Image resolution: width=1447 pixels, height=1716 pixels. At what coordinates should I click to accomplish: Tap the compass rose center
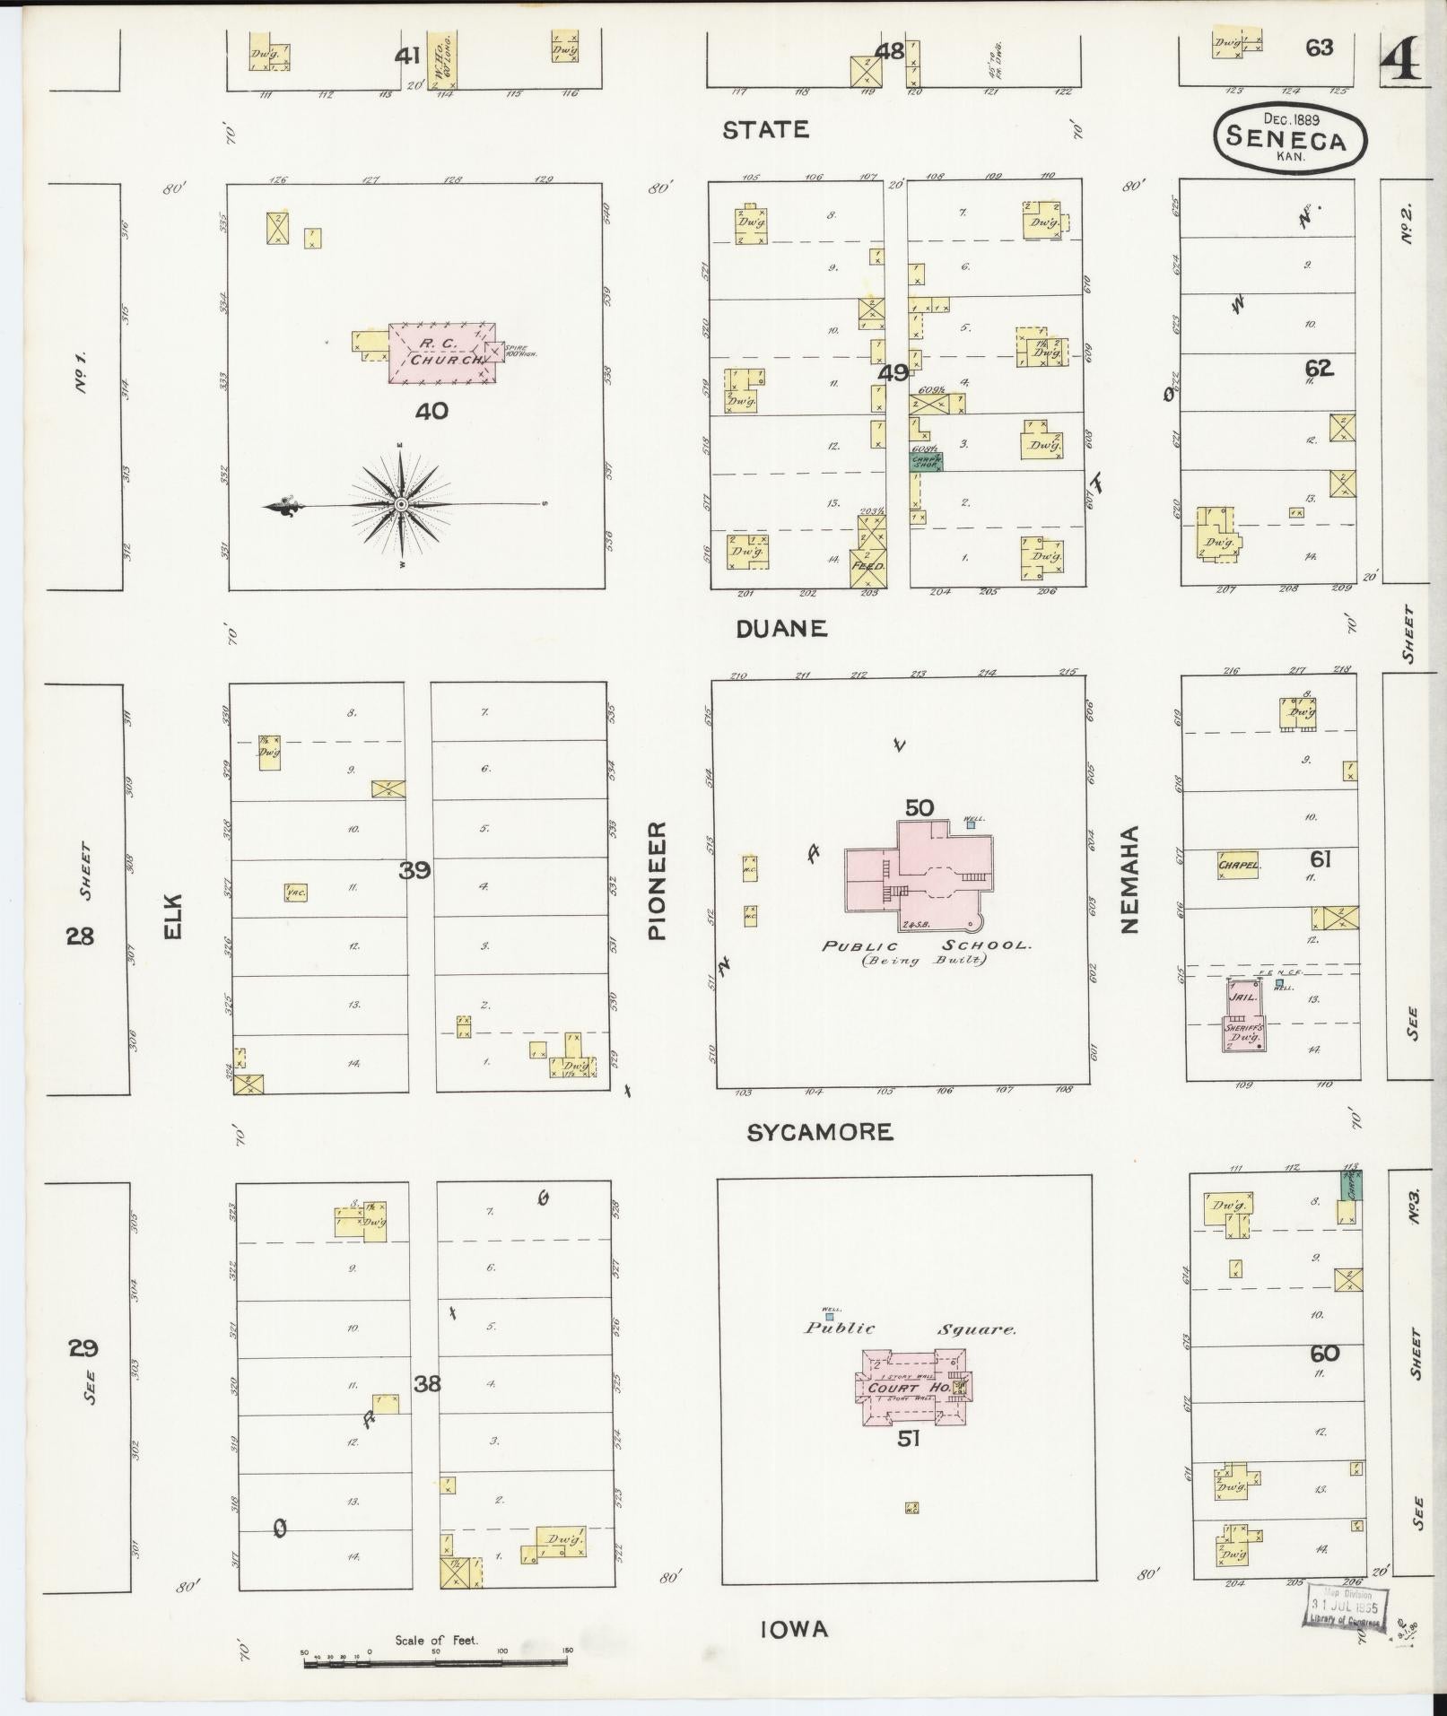[401, 506]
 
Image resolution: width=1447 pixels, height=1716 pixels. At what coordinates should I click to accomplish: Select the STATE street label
[765, 130]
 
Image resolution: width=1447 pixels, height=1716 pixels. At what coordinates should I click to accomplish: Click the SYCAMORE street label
[820, 1132]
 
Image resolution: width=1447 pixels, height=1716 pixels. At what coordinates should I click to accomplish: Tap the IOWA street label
[794, 1630]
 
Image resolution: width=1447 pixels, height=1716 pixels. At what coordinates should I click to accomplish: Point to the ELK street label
[172, 915]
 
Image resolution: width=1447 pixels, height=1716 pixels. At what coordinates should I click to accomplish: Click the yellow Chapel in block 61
[1239, 865]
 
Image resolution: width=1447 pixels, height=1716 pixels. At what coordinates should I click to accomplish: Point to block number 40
[431, 411]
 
